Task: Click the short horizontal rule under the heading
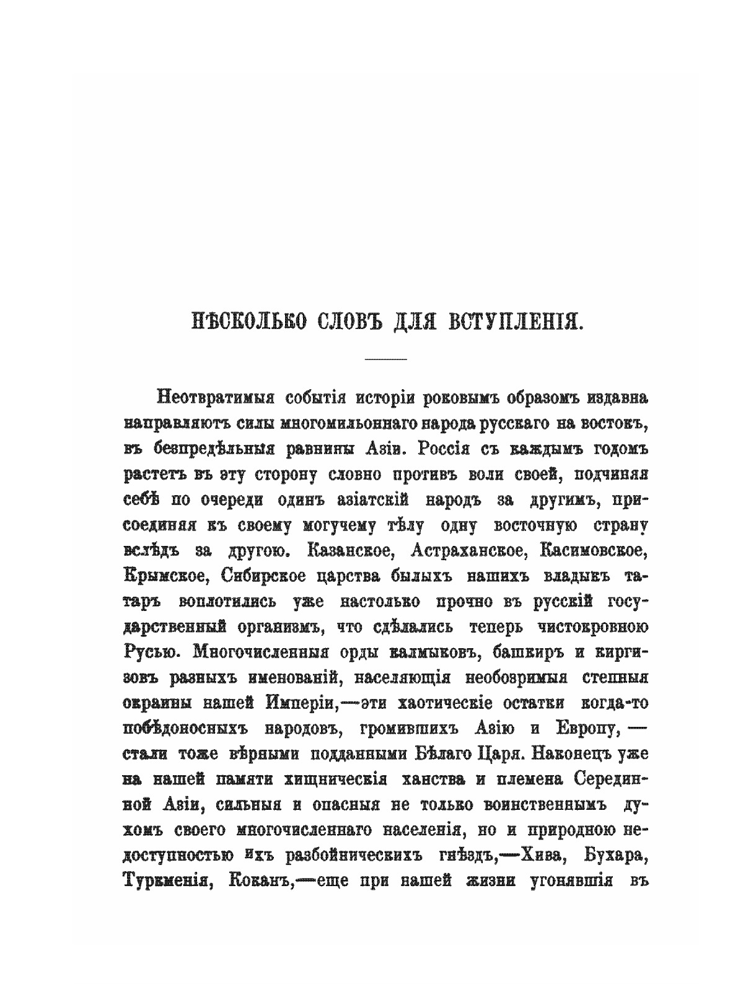click(385, 359)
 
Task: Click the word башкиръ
click(519, 652)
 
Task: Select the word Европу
click(591, 729)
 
